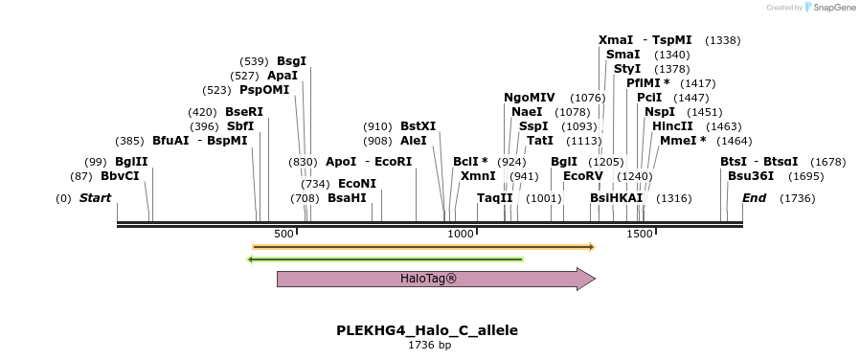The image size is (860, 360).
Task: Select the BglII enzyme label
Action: [x=131, y=161]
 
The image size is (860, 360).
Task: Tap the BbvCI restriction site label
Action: [x=120, y=176]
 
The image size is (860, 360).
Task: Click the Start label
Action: [x=95, y=198]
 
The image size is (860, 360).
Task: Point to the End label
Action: [x=754, y=198]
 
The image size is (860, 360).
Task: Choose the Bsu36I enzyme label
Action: [x=749, y=176]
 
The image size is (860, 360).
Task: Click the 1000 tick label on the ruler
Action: [x=461, y=235]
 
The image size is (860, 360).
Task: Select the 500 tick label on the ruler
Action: [x=283, y=235]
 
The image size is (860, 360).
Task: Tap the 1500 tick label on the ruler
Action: [x=639, y=235]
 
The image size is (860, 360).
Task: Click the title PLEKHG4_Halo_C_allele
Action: [x=427, y=330]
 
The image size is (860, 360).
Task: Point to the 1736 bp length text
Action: [x=429, y=346]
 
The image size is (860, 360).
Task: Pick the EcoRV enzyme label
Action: [x=583, y=176]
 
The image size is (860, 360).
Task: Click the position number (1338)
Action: [x=722, y=40]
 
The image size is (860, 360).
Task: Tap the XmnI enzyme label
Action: [x=478, y=176]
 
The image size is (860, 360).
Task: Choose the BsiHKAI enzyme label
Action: [x=616, y=198]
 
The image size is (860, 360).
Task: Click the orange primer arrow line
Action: [x=423, y=247]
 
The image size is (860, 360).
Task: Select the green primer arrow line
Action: [x=385, y=259]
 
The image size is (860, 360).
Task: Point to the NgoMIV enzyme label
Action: [x=529, y=98]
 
